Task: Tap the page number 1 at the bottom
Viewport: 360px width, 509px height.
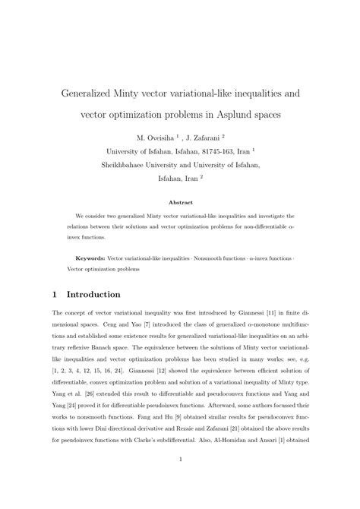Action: pyautogui.click(x=180, y=480)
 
